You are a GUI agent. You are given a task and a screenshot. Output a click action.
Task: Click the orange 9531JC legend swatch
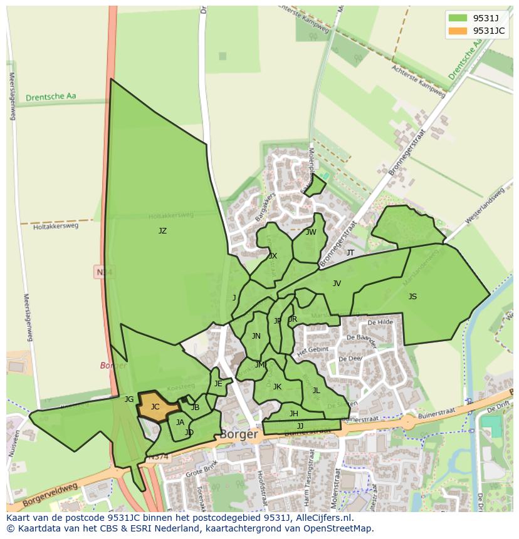[x=458, y=31]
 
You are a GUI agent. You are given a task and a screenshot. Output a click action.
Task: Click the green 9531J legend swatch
[x=458, y=18]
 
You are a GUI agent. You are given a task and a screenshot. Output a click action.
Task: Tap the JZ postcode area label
[x=162, y=231]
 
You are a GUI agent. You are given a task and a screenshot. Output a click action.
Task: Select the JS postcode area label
[x=412, y=297]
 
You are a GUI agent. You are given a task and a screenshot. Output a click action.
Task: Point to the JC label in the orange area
[x=155, y=407]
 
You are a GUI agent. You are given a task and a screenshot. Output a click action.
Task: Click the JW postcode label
[x=311, y=232]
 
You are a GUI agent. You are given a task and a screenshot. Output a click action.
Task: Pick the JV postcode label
[x=337, y=284]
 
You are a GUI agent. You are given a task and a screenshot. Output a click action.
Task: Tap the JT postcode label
[x=350, y=253]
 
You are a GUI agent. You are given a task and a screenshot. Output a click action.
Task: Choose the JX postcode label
[x=273, y=256]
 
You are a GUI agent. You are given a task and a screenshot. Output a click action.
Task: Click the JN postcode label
[x=256, y=336]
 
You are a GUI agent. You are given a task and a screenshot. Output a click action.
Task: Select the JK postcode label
[x=277, y=387]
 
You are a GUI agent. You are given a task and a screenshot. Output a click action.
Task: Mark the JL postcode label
[x=316, y=391]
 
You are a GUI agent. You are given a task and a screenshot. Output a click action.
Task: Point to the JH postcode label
[x=293, y=414]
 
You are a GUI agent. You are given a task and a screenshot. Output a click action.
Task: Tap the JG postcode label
[x=129, y=399]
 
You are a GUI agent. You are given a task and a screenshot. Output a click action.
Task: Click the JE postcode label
[x=218, y=384]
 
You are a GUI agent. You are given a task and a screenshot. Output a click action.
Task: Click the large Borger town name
[x=239, y=434]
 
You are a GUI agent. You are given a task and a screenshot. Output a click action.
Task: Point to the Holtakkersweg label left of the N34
[x=56, y=226]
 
